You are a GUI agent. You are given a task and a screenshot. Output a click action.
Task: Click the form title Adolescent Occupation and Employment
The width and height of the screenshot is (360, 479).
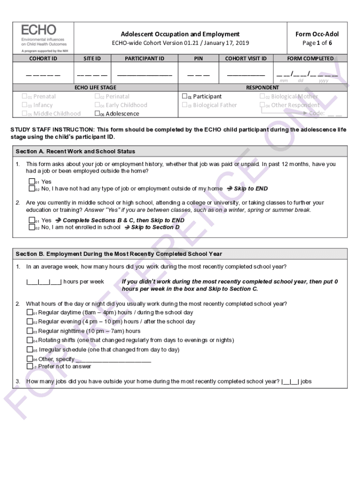click(x=180, y=34)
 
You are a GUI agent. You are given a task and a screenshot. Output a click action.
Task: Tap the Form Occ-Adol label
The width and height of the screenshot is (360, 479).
click(x=317, y=34)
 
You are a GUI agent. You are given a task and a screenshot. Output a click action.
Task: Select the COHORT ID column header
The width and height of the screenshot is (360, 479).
click(x=43, y=58)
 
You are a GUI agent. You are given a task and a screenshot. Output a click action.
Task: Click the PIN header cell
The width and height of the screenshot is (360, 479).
click(x=199, y=58)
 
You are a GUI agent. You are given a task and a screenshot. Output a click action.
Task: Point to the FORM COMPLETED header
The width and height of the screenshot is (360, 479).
click(x=310, y=58)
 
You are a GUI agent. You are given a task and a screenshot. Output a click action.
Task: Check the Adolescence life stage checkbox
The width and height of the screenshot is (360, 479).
click(x=97, y=114)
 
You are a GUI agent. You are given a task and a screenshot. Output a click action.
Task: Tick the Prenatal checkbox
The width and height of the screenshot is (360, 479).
click(x=25, y=97)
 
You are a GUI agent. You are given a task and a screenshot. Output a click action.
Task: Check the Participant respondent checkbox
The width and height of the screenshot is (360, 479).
click(x=185, y=97)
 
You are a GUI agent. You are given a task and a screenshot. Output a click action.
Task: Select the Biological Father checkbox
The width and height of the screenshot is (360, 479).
click(x=185, y=105)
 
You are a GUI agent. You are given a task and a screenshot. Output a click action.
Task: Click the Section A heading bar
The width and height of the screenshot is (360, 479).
click(x=180, y=152)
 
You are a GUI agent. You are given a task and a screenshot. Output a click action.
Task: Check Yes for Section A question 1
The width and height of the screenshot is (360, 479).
click(x=32, y=182)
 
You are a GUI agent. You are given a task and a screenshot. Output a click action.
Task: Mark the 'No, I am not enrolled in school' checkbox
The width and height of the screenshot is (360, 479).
click(x=32, y=227)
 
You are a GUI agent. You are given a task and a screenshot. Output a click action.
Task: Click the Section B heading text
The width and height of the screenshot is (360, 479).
click(x=119, y=254)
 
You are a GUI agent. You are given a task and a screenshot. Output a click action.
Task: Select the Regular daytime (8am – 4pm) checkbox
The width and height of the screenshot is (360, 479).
click(x=30, y=312)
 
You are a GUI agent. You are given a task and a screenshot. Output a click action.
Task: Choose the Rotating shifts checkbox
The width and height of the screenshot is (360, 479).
click(x=30, y=341)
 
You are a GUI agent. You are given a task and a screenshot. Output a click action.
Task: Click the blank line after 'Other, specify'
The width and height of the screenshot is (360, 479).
click(x=113, y=359)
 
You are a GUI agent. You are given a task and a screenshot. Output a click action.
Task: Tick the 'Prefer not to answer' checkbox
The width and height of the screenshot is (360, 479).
click(x=30, y=367)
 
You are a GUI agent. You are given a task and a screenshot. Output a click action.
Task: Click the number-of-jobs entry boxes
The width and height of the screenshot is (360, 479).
click(x=290, y=382)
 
